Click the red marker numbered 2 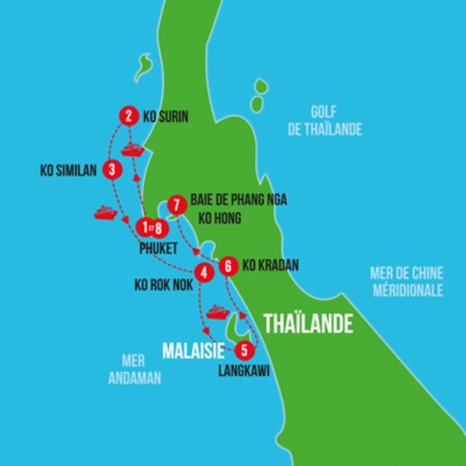[x=127, y=116]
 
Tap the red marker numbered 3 [x=112, y=170]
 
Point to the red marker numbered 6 [x=229, y=266]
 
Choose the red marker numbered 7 [x=175, y=204]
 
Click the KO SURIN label [x=166, y=117]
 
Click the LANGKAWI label [x=243, y=370]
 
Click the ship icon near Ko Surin [x=133, y=151]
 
